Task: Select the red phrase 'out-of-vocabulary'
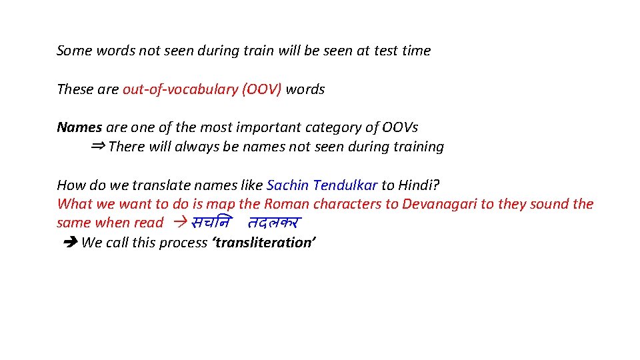pos(180,89)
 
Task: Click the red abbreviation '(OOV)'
pos(262,89)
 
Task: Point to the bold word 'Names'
pos(79,127)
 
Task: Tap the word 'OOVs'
pos(400,127)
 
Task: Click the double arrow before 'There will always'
pos(97,146)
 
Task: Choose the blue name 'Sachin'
pos(287,185)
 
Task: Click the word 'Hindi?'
pos(419,185)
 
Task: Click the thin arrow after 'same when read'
pos(178,223)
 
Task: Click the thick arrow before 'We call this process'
pos(69,243)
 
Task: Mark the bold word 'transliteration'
pos(263,243)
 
